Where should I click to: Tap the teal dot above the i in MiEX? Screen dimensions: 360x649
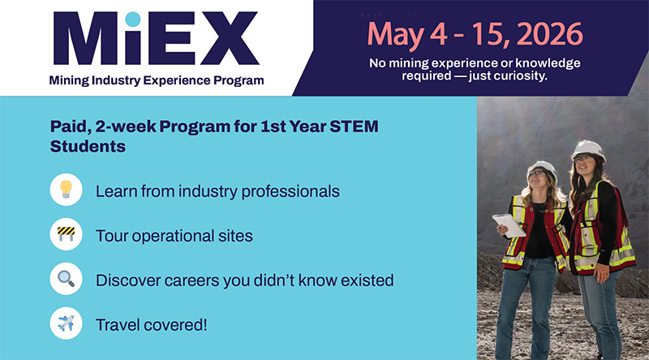point(133,18)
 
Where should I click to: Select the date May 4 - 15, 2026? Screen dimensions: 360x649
point(475,33)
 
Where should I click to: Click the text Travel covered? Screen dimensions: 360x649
point(152,325)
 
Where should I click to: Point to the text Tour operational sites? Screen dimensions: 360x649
point(174,236)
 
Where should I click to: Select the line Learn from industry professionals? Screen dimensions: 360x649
point(217,191)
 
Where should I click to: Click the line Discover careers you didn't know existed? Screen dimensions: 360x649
point(244,281)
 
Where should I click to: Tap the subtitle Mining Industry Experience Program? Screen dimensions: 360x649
point(156,80)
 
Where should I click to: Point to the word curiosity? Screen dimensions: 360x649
point(519,75)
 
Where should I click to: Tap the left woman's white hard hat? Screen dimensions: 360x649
point(541,169)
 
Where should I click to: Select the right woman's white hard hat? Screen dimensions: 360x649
point(587,149)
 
